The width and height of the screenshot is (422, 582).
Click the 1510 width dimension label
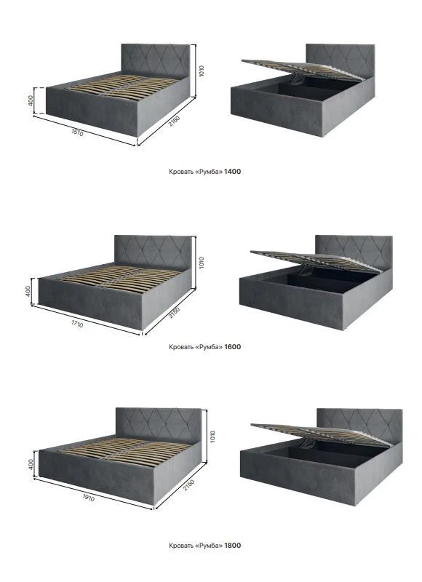coord(77,133)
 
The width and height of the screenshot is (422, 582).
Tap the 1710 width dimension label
coord(77,324)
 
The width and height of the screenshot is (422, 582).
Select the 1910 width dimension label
coord(88,498)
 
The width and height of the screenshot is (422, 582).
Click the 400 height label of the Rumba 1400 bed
coord(31,100)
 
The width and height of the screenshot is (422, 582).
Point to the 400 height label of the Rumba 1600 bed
coord(28,291)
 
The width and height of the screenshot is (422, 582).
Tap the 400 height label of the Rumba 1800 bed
coord(31,463)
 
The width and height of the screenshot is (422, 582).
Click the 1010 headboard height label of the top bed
coord(201,71)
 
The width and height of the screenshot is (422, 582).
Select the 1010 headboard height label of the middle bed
coord(202,263)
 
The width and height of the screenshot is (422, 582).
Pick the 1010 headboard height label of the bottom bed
coord(212,436)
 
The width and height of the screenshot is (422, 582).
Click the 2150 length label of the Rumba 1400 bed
coord(174,121)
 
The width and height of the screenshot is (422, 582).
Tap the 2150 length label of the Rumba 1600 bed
coord(174,312)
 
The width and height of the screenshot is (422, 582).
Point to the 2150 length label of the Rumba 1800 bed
coord(188,485)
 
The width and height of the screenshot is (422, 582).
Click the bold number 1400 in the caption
coord(232,172)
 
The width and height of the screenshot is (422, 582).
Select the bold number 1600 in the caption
coord(232,347)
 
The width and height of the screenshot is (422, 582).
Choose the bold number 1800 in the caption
coord(232,545)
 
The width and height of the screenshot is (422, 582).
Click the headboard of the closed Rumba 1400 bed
coord(156,60)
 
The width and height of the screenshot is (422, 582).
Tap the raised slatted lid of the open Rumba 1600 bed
coord(315,261)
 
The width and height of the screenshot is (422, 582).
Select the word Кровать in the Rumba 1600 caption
coord(181,347)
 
